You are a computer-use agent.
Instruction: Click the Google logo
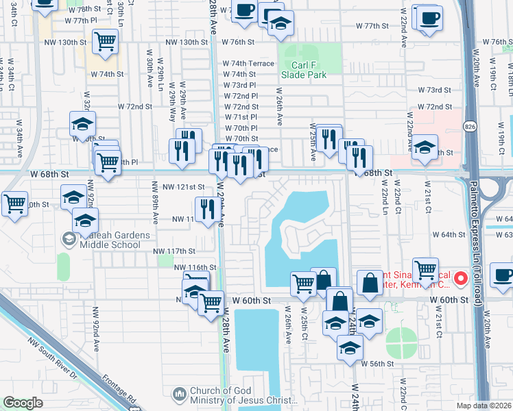pyautogui.click(x=23, y=402)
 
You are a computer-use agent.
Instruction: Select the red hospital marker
pyautogui.click(x=461, y=279)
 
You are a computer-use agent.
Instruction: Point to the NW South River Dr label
pyautogui.click(x=56, y=358)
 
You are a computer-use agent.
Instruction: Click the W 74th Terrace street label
pyautogui.click(x=248, y=63)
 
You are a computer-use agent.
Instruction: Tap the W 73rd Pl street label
pyautogui.click(x=239, y=85)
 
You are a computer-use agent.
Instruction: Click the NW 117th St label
pyautogui.click(x=174, y=251)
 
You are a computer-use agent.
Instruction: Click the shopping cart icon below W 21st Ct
pyautogui.click(x=426, y=269)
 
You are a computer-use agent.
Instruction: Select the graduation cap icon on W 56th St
pyautogui.click(x=350, y=347)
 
